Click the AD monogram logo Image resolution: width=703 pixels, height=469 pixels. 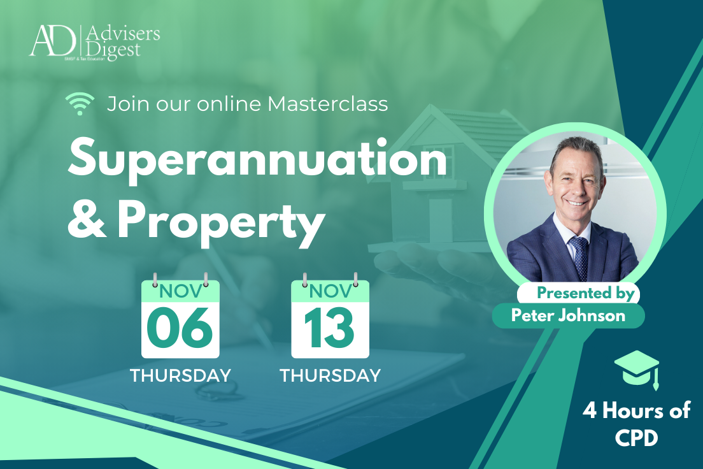click(x=52, y=41)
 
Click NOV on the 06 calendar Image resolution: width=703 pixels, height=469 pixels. click(x=180, y=292)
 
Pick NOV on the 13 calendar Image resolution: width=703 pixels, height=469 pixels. click(x=330, y=292)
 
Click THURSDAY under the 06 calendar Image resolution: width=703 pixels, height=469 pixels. click(x=180, y=375)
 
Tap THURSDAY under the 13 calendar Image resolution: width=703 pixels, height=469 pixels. click(x=330, y=375)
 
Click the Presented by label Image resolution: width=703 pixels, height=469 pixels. click(x=585, y=293)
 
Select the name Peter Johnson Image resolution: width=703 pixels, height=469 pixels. click(x=568, y=315)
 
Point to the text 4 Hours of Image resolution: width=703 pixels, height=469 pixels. click(x=636, y=411)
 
